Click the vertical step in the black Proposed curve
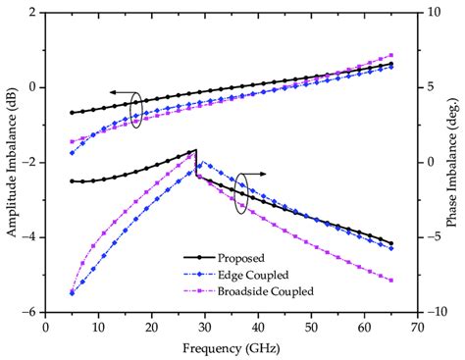[x=196, y=164]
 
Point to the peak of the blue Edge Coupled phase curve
[x=203, y=163]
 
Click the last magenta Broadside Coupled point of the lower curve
[x=391, y=282]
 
